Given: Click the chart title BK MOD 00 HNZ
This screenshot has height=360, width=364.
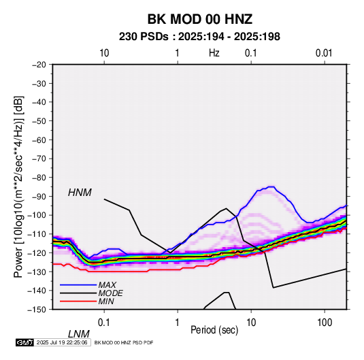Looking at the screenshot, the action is point(200,19).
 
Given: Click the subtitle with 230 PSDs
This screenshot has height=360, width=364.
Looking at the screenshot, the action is point(199,37).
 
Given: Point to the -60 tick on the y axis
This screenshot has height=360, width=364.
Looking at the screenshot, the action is point(39,140).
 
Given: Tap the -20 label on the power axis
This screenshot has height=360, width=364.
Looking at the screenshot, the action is point(39,65).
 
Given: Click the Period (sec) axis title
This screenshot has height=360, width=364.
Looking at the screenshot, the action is point(214,330).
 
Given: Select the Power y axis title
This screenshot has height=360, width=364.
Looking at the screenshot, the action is point(18,187).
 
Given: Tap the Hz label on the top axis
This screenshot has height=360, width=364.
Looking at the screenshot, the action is point(214,53).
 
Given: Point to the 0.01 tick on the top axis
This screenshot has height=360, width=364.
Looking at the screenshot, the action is point(324,53).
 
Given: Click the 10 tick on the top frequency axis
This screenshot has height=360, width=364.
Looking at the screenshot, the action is point(104,53).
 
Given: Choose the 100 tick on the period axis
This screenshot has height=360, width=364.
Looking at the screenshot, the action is point(325,323).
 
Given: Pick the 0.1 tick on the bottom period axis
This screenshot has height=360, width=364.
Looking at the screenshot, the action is point(103,323).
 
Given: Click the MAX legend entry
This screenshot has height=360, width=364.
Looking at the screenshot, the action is point(107,285).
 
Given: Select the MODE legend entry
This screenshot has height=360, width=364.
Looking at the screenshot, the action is point(110,293).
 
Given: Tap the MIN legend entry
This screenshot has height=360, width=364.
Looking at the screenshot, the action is point(106,301).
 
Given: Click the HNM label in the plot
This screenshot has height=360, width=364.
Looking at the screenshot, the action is point(80,193).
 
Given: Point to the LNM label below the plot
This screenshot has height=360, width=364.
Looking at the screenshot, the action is point(79,334).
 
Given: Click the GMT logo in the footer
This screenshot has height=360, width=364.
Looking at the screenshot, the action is point(25,342).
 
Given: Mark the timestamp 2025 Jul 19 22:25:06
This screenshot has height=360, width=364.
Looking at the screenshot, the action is point(62,342).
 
